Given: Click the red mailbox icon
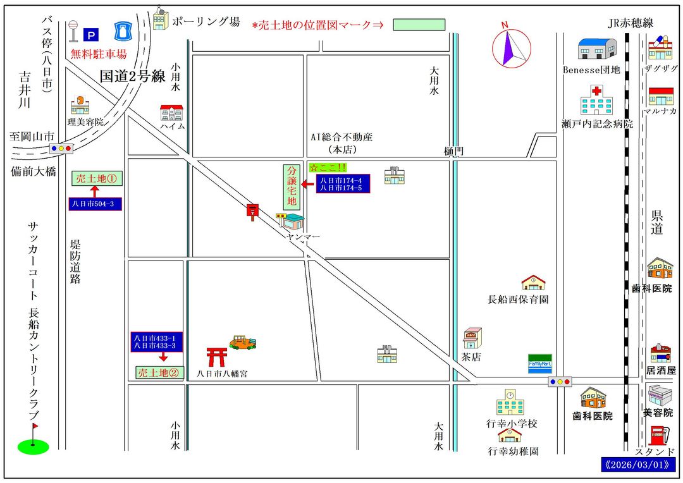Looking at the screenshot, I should [x=253, y=211].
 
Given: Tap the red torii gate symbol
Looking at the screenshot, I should [x=217, y=357].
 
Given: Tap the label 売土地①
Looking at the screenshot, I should [x=96, y=178].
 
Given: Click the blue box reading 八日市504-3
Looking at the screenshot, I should [x=95, y=204].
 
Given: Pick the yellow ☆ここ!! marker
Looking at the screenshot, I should [x=328, y=168].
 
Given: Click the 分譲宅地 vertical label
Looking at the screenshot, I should [x=292, y=186].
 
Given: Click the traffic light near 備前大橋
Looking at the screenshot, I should [x=61, y=149].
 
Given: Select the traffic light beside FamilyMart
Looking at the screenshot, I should [x=560, y=382].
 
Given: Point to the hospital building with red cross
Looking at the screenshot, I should [x=596, y=100].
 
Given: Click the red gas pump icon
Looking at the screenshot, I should [x=658, y=436].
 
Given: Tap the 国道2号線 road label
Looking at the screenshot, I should [x=133, y=76].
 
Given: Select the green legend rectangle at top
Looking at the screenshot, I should [x=419, y=25].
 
